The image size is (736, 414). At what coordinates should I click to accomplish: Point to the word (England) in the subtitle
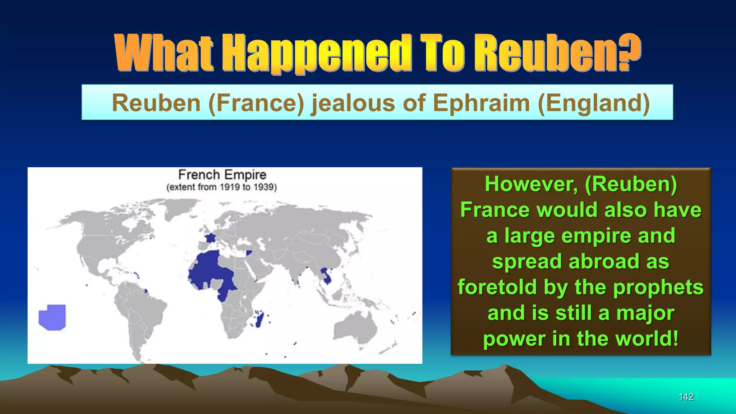[594, 103]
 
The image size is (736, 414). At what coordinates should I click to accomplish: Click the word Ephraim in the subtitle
[482, 103]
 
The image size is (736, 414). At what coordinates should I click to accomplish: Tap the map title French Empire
[222, 175]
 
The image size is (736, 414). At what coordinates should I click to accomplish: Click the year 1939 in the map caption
[264, 187]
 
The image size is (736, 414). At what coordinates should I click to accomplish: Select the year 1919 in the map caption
[230, 187]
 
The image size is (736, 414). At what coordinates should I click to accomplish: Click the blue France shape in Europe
[210, 238]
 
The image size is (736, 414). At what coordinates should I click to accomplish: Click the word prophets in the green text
[658, 287]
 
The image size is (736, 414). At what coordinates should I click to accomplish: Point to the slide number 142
[686, 397]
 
